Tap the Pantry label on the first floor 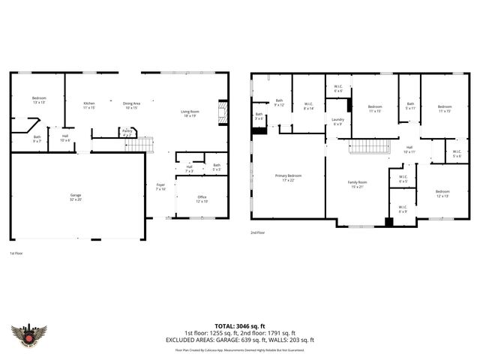pos(126,132)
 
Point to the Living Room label pos(189,113)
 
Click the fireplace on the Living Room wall pos(221,112)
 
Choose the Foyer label pos(160,187)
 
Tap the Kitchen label pos(89,105)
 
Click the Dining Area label pos(132,105)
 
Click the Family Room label pos(357,184)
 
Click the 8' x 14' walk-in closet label pos(308,107)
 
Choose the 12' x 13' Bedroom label pos(442,193)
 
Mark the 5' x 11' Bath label pos(410,106)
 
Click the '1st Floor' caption pos(17,253)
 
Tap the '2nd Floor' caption pos(258,232)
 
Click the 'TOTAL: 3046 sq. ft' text pos(239,325)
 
